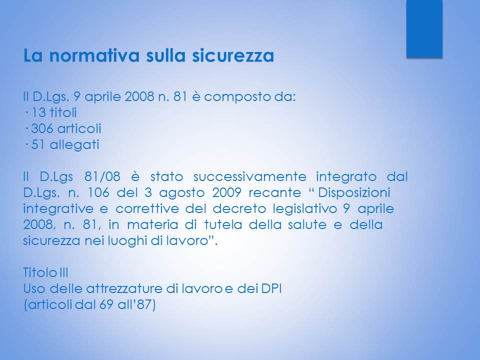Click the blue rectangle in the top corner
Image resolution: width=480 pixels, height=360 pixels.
(x=424, y=28)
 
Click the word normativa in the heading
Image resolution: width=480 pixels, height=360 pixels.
(x=94, y=55)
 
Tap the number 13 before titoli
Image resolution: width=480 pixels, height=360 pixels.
(x=39, y=112)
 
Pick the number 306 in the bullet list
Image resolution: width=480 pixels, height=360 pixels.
(x=42, y=128)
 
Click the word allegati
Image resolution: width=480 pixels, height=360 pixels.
(x=74, y=145)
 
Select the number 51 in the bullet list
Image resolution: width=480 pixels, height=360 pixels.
(x=38, y=144)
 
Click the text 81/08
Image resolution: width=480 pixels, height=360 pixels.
(x=102, y=176)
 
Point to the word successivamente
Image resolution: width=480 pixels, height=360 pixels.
(x=250, y=176)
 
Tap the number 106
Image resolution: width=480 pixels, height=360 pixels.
(x=98, y=192)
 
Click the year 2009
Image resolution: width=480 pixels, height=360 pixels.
(x=226, y=192)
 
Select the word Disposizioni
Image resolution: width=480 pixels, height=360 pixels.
(x=354, y=193)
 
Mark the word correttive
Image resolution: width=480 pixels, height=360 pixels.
(x=147, y=209)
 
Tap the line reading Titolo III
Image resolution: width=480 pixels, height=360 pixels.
(x=45, y=272)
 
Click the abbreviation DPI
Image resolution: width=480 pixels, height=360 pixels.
(x=271, y=288)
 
